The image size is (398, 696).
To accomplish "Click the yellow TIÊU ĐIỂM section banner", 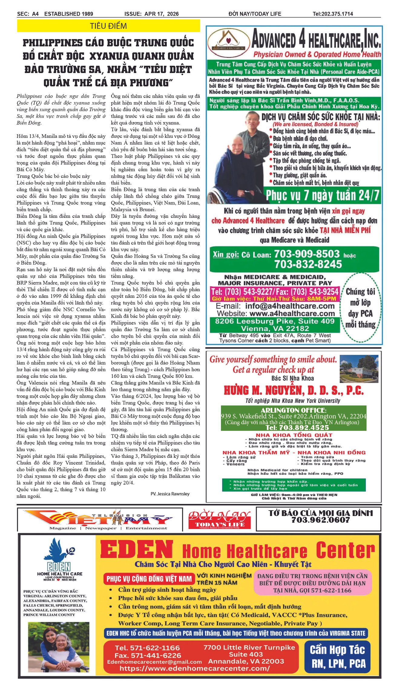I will [x=108, y=26].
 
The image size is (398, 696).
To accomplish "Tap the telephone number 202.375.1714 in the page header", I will [x=333, y=14].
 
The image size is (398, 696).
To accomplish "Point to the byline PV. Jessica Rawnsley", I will [x=170, y=494].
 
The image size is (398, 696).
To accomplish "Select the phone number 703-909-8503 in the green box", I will [x=307, y=254].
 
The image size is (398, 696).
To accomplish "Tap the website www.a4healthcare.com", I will [x=292, y=313].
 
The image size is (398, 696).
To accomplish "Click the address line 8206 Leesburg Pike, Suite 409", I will [x=275, y=321].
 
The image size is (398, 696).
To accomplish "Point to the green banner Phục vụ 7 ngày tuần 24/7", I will [x=322, y=195].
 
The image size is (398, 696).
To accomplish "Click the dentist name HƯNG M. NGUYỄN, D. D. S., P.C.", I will [x=293, y=390].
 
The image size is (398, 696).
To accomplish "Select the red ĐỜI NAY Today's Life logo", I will [x=219, y=519].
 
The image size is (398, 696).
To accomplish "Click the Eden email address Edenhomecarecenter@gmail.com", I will [x=154, y=662].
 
